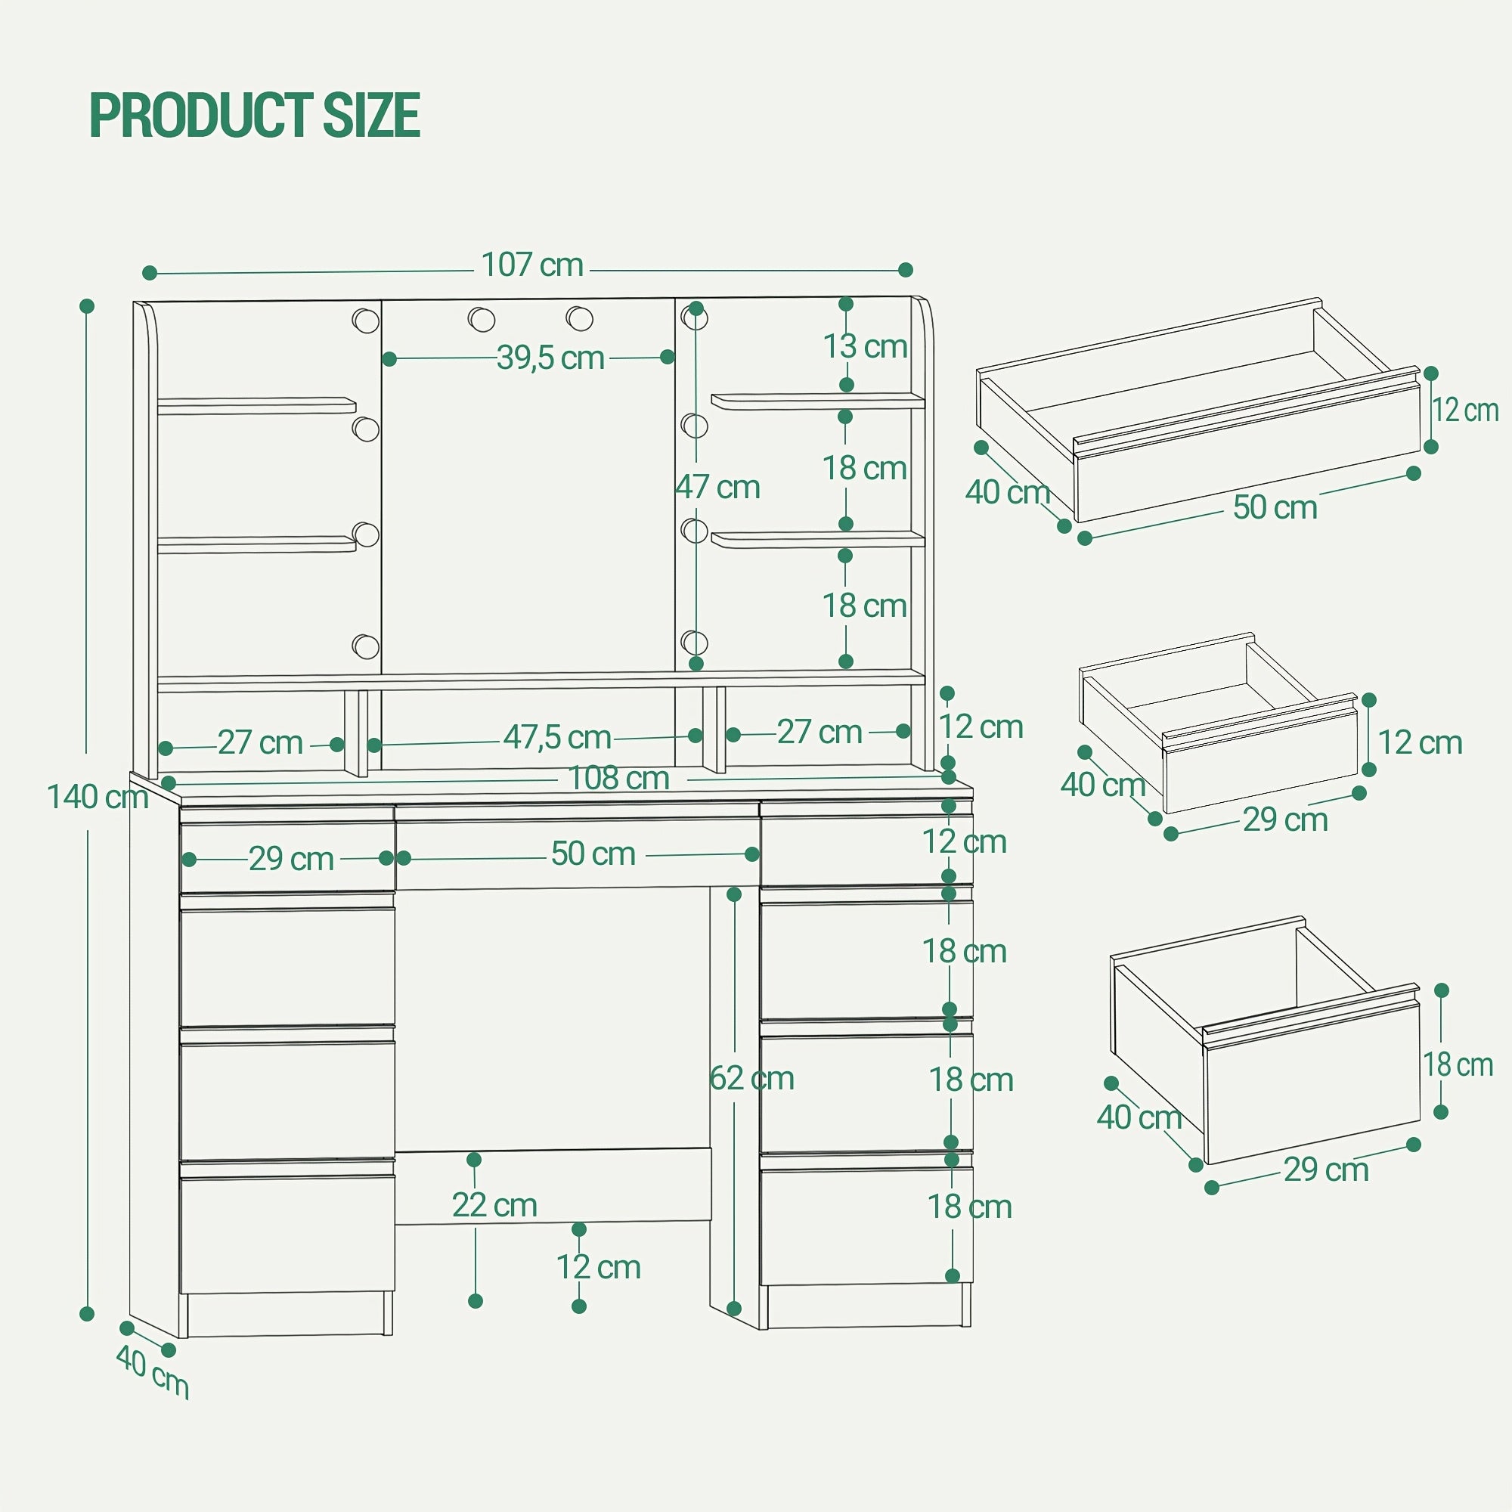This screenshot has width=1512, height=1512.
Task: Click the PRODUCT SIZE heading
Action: coord(255,115)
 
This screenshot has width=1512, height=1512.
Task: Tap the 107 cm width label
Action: coord(532,265)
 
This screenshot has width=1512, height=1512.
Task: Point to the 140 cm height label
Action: coord(98,797)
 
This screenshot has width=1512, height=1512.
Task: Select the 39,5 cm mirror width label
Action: coord(551,358)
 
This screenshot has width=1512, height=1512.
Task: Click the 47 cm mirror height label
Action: coord(717,487)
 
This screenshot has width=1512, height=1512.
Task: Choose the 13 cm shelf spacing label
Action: coord(865,346)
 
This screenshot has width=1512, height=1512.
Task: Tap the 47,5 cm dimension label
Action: coord(557,736)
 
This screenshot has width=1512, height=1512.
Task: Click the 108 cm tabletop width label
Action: coord(619,778)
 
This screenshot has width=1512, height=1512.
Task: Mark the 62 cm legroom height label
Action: coord(752,1079)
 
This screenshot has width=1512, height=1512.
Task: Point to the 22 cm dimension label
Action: coord(494,1205)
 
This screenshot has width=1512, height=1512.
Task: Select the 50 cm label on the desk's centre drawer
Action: coord(593,854)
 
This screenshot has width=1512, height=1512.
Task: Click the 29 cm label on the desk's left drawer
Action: coord(291,859)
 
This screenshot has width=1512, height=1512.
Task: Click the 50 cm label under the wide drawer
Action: coord(1275,507)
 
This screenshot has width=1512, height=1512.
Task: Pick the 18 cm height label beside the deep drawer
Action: coord(1458,1065)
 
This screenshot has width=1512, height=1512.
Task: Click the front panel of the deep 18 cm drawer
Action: coord(1312,1083)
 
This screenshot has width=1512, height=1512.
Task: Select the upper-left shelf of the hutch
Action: coord(257,405)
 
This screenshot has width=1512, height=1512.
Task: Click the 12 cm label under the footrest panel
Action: coord(599,1267)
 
